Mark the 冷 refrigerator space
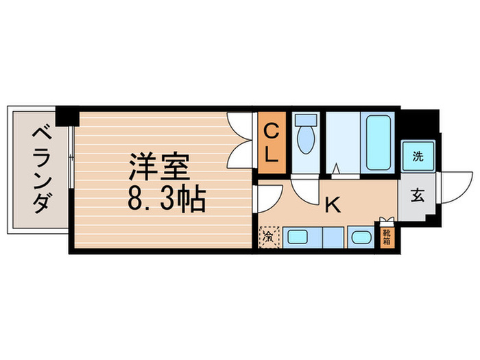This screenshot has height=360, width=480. point(268,237)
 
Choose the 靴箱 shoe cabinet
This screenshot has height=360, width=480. point(385,237)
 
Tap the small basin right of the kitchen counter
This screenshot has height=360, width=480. point(360,239)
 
